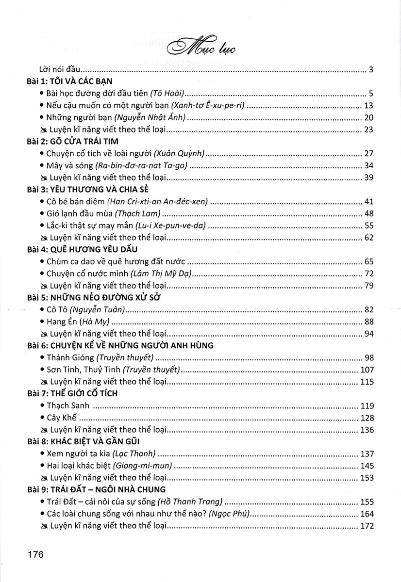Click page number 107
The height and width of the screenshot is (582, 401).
(366, 370)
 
